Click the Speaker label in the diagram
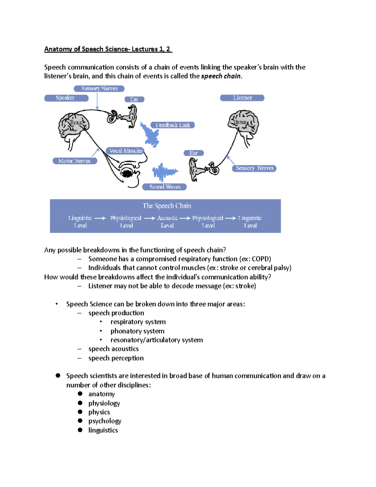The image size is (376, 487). pos(66,98)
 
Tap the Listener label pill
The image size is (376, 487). pos(242,98)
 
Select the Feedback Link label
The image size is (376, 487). pos(172,125)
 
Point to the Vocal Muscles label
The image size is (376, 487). pos(125,151)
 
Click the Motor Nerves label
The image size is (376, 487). pos(75,161)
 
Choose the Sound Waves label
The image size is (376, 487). pos(164,187)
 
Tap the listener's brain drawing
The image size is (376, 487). pos(243,123)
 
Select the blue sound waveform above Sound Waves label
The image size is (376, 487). pos(164,172)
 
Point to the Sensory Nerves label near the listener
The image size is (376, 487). pos(254,168)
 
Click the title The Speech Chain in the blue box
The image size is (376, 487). pos(167,206)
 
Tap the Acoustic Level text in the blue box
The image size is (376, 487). pos(167,221)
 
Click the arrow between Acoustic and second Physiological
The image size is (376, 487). pos(185,218)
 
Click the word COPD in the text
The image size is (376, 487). pos(261,259)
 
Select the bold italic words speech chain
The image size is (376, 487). pos(221,76)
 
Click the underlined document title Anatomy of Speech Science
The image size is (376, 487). pos(108,49)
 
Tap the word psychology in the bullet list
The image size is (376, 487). pos(105,421)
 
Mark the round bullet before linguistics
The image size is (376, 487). pos(80,430)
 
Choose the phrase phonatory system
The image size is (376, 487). pos(137,331)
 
